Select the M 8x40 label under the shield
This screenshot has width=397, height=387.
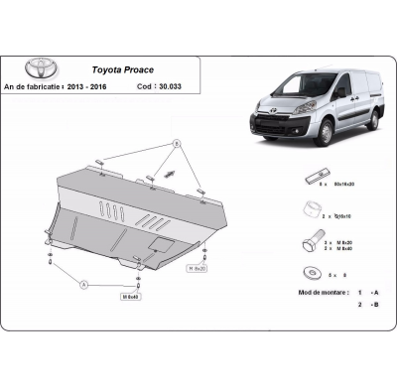pyautogui.click(x=131, y=297)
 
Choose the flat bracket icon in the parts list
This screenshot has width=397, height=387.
pyautogui.click(x=314, y=182)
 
